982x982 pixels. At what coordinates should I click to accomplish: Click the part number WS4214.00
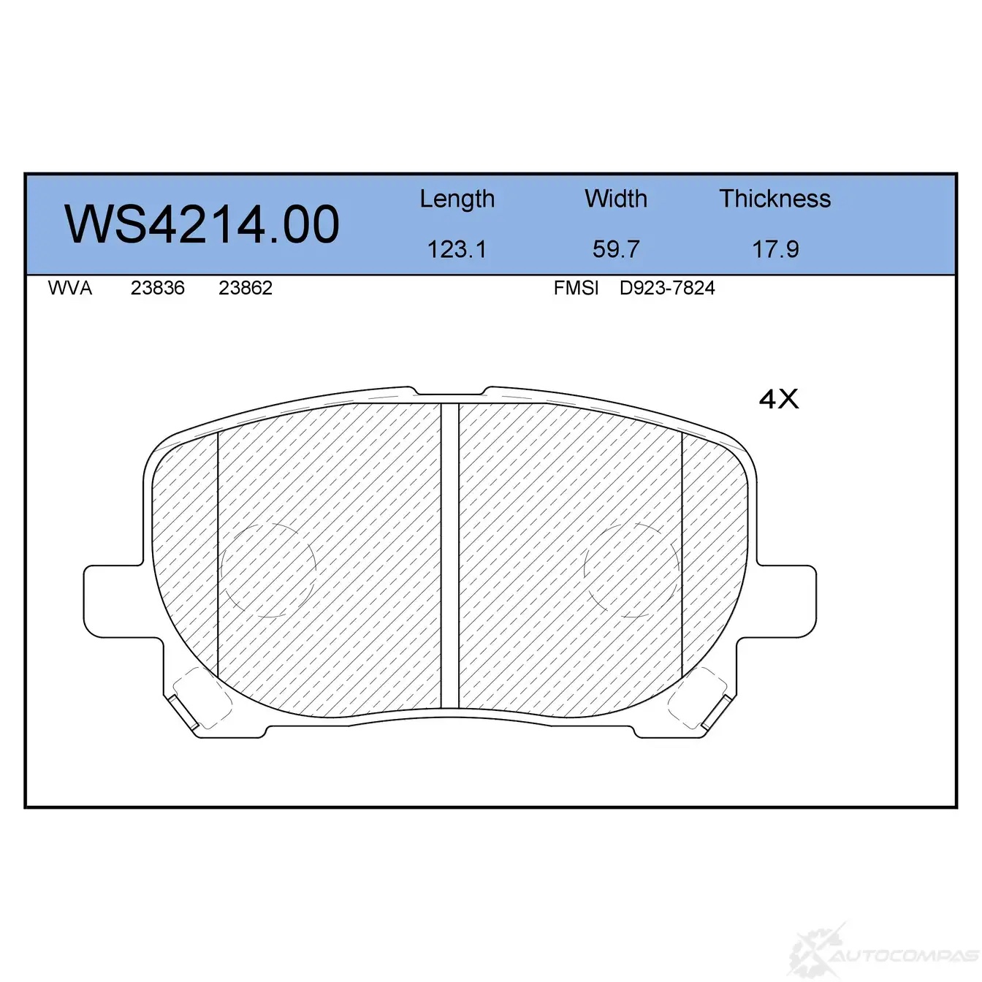point(202,224)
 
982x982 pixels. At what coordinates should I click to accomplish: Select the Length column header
point(457,199)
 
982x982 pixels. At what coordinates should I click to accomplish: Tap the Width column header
point(616,198)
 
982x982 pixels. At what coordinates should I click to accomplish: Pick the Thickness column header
point(774,198)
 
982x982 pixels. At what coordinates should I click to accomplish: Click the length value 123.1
point(457,249)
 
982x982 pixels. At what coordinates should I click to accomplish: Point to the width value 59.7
point(616,249)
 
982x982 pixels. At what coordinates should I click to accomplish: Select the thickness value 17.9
point(775,249)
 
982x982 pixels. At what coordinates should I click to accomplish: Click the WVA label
point(70,288)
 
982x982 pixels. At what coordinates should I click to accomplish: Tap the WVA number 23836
point(158,288)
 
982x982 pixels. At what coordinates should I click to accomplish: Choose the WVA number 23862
point(245,288)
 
